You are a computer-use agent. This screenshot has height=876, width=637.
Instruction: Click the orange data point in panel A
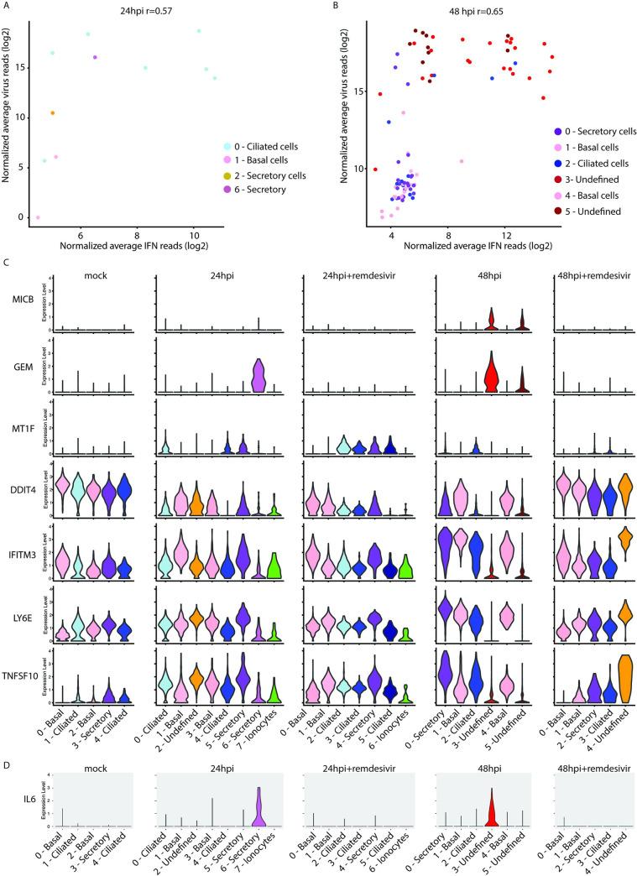[52, 113]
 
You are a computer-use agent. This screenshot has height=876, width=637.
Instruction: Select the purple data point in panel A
[96, 57]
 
